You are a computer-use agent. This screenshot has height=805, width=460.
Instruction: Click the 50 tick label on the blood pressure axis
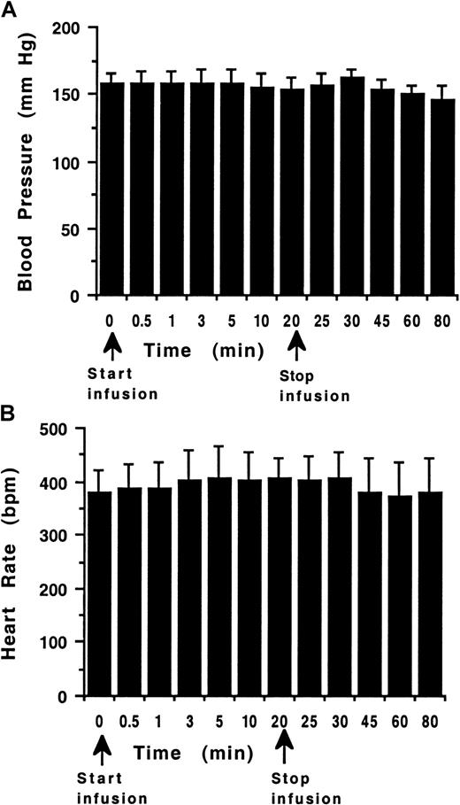tap(69, 229)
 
